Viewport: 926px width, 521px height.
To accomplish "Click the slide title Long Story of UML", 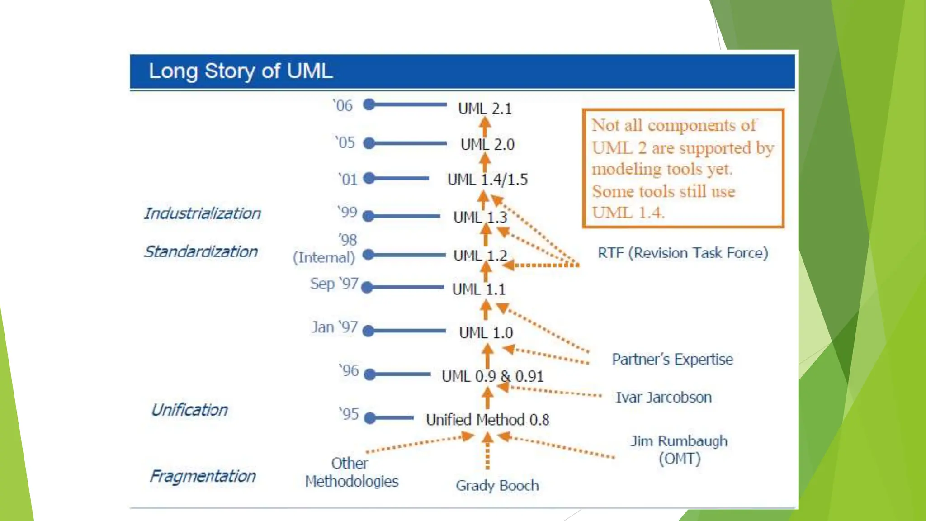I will coord(241,71).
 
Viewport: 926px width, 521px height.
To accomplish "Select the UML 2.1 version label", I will coord(485,109).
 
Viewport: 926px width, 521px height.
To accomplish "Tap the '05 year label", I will coord(345,143).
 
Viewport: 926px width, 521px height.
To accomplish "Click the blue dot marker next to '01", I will coord(369,178).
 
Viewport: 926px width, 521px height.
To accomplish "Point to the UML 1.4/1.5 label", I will coord(487,180).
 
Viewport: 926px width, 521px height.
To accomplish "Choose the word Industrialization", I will coord(202,213).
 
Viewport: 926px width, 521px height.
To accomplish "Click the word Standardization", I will coord(201,251).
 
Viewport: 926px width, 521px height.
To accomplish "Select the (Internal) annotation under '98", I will coord(324,258).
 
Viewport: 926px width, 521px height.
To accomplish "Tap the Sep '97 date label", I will coord(334,284).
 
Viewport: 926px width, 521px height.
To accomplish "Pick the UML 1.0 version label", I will coord(486,333).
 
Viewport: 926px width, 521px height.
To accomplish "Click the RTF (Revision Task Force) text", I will coord(683,253).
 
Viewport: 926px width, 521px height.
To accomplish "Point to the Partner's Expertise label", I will coord(672,360).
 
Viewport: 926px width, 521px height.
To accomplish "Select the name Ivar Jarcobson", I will coord(663,398).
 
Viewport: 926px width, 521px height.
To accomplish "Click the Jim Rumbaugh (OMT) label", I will coord(679,450).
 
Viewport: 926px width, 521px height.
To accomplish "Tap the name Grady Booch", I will coord(497,486).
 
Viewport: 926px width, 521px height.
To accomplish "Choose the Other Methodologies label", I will coord(351,472).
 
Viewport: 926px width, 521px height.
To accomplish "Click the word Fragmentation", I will coord(203,476).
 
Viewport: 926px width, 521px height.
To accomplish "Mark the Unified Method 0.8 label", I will coord(487,420).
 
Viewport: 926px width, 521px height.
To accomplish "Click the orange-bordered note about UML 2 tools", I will coord(683,168).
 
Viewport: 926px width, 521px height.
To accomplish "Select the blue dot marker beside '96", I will coord(370,374).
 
